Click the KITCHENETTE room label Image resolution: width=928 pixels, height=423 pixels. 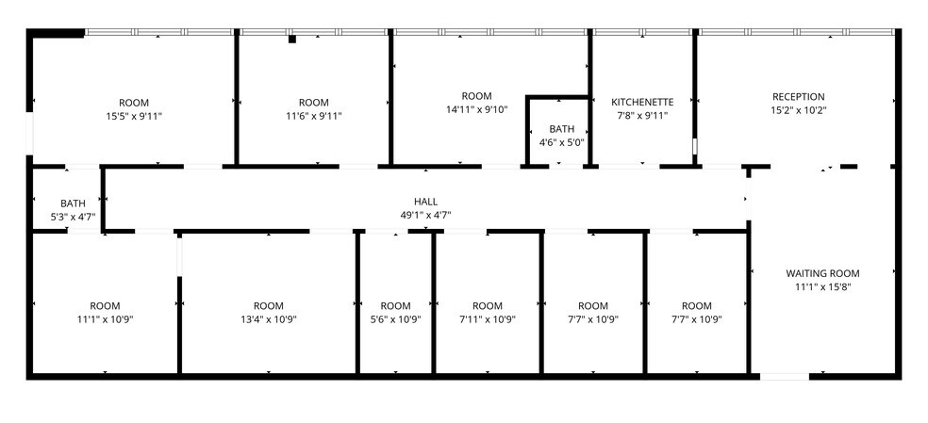click(x=642, y=102)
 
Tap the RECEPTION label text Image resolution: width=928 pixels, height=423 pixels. click(x=799, y=96)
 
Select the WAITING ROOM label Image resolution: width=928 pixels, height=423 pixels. click(x=823, y=273)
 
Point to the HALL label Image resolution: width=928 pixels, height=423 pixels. click(x=425, y=201)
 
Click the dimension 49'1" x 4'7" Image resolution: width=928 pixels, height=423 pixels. click(x=425, y=214)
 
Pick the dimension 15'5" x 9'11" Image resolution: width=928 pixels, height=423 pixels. click(x=134, y=116)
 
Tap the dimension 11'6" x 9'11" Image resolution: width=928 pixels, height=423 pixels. click(x=314, y=116)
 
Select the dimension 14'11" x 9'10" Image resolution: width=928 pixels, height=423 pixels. click(x=477, y=109)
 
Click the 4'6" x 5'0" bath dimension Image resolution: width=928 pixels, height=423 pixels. click(x=562, y=142)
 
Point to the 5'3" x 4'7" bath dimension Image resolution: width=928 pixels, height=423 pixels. click(x=74, y=217)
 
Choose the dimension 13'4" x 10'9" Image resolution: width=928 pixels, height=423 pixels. click(x=269, y=319)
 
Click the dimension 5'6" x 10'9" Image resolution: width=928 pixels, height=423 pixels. click(x=396, y=319)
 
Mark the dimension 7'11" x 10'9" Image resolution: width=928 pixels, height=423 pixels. click(x=488, y=319)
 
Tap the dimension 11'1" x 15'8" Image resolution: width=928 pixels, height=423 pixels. click(x=823, y=287)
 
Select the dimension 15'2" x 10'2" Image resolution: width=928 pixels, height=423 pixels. click(x=799, y=110)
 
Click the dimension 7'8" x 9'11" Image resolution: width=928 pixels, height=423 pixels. click(x=642, y=116)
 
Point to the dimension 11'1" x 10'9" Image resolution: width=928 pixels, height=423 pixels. click(x=106, y=319)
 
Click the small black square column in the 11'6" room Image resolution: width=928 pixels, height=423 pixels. click(x=292, y=39)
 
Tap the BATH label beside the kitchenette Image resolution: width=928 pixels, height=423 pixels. click(x=562, y=129)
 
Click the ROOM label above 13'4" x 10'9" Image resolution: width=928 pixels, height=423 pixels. click(x=269, y=305)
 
